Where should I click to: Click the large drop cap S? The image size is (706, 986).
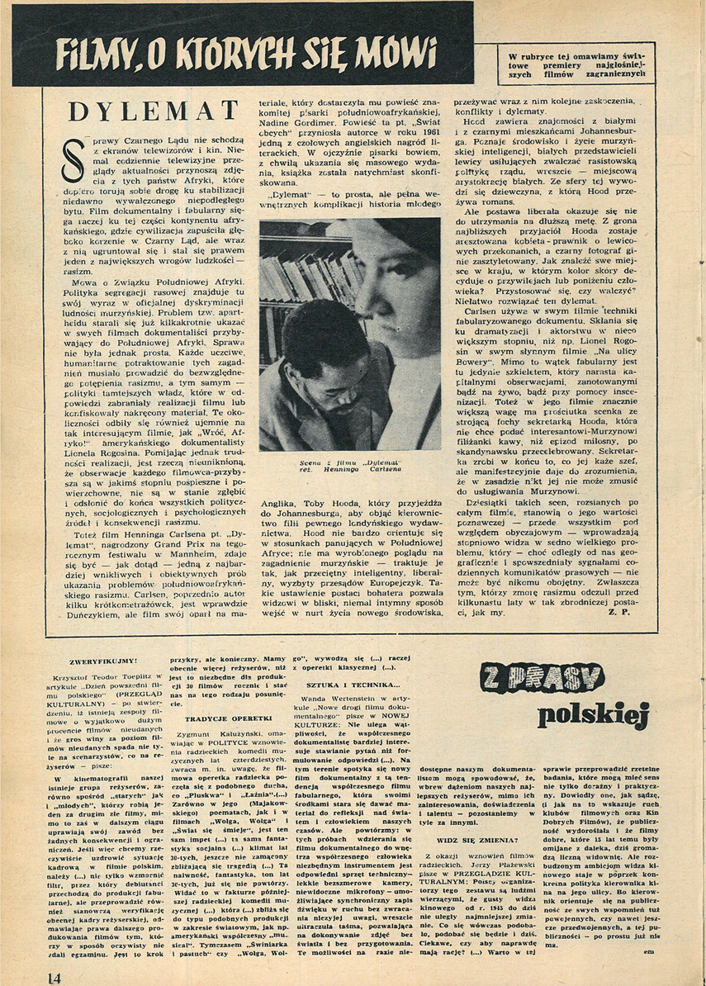[x=72, y=166]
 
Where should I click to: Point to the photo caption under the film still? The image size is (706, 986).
[x=349, y=466]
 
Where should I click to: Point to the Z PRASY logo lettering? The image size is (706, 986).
[x=542, y=679]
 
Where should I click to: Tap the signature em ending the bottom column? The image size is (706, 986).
[x=658, y=950]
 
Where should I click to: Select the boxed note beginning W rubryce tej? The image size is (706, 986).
[x=575, y=62]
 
